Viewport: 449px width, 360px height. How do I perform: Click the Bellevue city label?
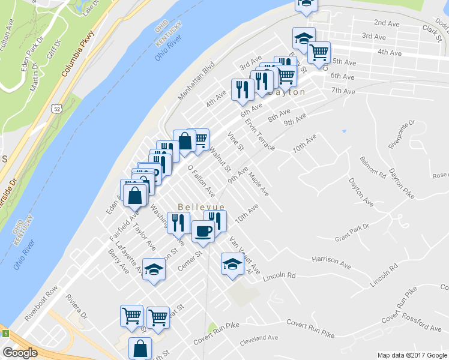point(201,207)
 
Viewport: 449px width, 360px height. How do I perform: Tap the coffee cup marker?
point(203,231)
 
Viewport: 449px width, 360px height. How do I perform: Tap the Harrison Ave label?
point(331,262)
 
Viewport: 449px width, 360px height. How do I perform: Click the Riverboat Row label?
point(41,307)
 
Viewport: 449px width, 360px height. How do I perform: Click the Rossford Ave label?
point(421,322)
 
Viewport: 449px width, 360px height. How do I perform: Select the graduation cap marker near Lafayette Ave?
point(154,269)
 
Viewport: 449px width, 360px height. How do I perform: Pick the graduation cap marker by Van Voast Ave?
point(232,263)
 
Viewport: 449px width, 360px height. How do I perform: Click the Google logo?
point(20,352)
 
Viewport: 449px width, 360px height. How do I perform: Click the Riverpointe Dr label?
point(399,136)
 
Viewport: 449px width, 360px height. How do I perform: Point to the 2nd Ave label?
point(387,23)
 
